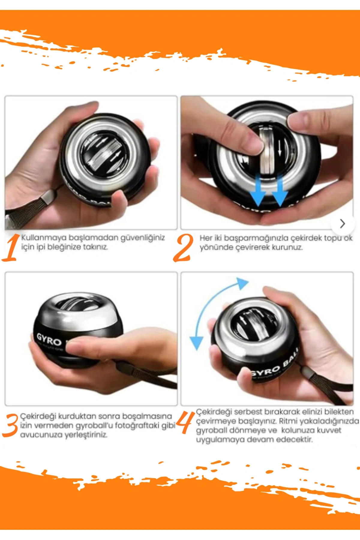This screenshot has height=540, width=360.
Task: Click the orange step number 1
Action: (x=10, y=248)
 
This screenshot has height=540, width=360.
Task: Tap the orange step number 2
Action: (x=183, y=248)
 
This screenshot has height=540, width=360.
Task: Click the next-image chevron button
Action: (x=342, y=223)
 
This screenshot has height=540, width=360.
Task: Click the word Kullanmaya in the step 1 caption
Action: (x=44, y=238)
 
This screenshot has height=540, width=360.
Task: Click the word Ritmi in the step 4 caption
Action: (x=288, y=421)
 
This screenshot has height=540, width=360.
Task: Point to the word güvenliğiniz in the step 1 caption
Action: (x=142, y=238)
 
